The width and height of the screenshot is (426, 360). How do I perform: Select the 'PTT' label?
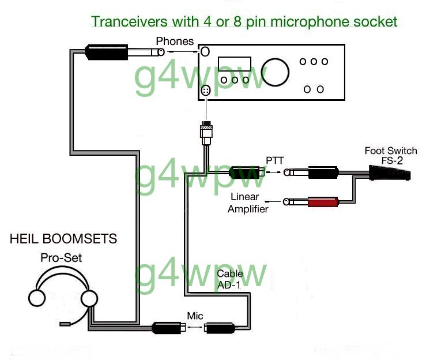coord(275,160)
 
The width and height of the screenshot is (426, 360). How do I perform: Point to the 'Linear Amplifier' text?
coord(248,202)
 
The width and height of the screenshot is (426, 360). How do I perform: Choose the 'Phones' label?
coord(175,41)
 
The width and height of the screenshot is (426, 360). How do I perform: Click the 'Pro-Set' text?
coord(61,258)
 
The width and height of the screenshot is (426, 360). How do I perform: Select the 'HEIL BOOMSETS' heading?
coord(63,238)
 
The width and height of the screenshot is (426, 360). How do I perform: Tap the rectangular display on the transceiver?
coord(235,64)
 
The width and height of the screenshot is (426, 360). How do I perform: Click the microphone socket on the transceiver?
coord(206,91)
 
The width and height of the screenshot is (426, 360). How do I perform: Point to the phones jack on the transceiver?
coord(205,52)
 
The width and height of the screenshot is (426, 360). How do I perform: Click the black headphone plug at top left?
coord(107,52)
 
